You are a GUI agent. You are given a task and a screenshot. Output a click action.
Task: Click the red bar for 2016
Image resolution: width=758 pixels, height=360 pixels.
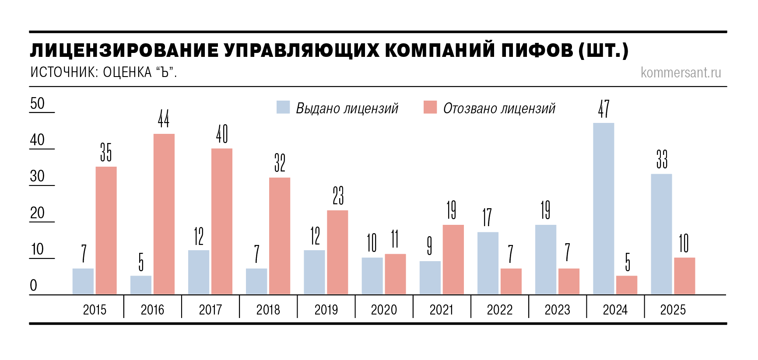coord(164,214)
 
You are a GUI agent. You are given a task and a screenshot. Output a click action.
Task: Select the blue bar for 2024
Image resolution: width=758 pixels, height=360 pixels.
coord(604,209)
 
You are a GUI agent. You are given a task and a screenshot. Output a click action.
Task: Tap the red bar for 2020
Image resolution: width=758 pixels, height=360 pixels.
coord(395,274)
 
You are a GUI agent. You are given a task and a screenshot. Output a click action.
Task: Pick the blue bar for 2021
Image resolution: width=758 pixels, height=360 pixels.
coord(430,278)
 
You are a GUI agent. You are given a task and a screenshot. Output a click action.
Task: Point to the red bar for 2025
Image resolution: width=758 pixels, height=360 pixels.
coord(684,276)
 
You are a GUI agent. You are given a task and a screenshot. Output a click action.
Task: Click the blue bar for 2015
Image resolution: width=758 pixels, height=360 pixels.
coord(83,281)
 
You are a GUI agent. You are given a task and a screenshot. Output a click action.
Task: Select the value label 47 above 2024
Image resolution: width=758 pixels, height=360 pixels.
coord(604,109)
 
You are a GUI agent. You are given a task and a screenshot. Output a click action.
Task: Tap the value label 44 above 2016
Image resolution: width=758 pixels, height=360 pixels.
coord(164,119)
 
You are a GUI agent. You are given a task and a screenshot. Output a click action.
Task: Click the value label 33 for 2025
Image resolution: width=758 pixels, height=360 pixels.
coord(662,159)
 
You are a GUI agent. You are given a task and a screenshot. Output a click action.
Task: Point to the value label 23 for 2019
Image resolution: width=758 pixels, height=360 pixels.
coord(338,196)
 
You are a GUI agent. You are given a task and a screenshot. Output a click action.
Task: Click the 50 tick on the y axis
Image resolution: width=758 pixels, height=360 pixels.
coord(38,104)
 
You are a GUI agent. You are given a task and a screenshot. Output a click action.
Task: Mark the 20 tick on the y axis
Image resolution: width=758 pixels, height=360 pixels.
coord(38,213)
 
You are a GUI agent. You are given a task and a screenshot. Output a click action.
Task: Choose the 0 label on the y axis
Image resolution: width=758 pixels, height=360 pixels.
coord(34,286)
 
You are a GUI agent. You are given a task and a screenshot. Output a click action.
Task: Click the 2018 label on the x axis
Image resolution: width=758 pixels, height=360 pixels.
coord(268,310)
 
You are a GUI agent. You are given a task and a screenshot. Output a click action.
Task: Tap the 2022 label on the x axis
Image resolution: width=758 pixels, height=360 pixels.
coord(499,310)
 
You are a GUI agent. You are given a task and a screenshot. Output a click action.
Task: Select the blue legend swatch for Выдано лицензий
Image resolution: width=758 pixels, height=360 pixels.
coord(283,108)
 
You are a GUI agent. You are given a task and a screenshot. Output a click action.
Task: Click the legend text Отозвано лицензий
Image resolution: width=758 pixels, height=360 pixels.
coord(499,108)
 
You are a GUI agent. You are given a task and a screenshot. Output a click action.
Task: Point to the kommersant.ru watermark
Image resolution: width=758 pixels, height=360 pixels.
coord(681,73)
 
